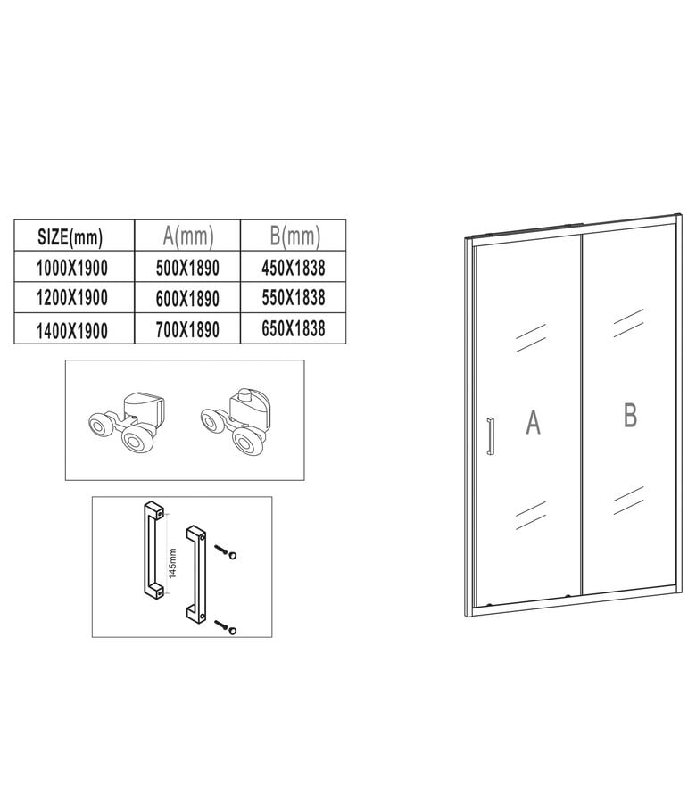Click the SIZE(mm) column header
(70, 236)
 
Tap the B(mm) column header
(294, 236)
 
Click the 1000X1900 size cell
(70, 267)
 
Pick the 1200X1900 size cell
(70, 297)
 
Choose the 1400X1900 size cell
(70, 329)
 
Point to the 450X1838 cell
(294, 266)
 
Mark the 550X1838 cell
(294, 296)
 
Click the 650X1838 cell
(294, 327)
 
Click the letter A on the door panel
(533, 422)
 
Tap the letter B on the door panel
(629, 414)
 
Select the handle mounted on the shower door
(488, 436)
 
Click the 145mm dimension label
(173, 563)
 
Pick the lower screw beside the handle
(228, 628)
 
